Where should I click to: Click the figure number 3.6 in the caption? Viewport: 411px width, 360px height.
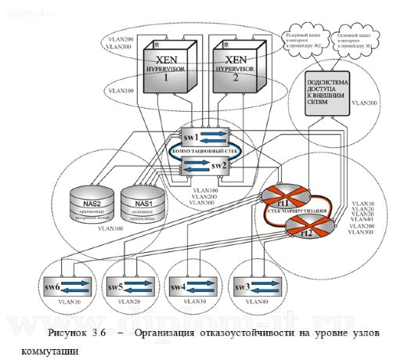(x=99, y=333)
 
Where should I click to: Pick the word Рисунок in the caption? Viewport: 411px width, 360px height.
(x=66, y=333)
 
